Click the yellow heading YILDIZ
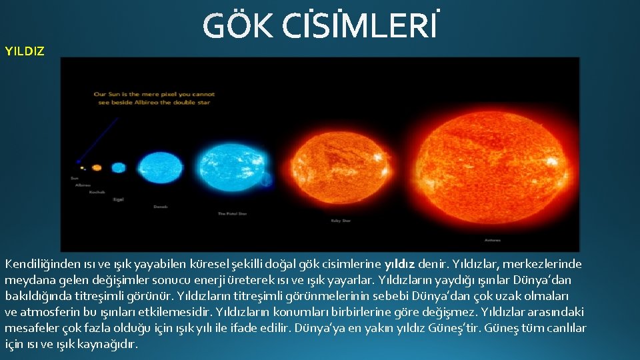coord(25,51)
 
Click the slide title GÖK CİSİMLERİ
coord(321,27)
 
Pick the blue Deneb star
coord(160,167)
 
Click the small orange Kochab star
coord(97,168)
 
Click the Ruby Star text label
coord(340,220)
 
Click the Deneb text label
coord(161,207)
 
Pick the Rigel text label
coord(119,199)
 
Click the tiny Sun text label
coord(74,178)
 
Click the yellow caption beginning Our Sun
coord(153,98)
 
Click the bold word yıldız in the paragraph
coord(399,263)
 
